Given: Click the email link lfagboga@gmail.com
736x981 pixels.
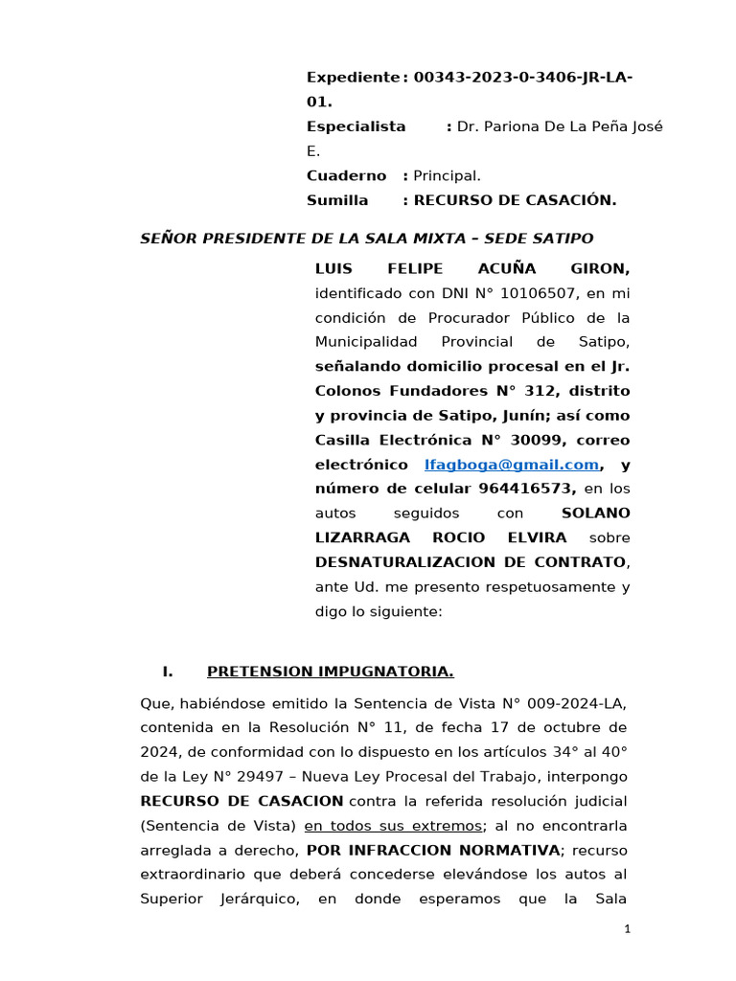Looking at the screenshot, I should tap(511, 465).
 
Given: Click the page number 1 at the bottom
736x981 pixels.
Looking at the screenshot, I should tap(627, 928).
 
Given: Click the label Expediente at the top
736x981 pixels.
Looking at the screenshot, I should tap(352, 77).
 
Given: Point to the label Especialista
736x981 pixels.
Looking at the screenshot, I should tap(356, 126).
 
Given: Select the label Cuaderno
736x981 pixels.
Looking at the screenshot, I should tap(346, 175).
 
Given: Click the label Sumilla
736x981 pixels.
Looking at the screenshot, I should tap(336, 200).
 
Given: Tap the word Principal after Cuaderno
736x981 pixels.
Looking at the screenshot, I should tap(446, 175).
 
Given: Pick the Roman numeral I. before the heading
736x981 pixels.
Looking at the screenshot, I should tap(167, 672).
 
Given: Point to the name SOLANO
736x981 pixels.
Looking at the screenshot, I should tap(595, 513).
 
